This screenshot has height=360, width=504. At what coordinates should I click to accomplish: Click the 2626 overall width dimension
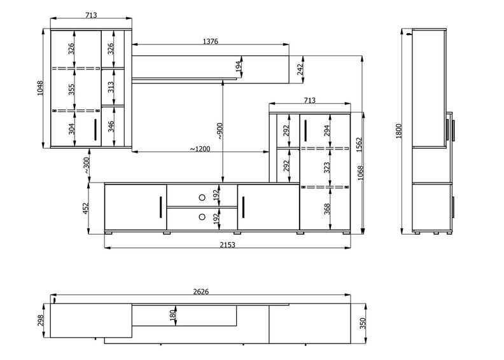[x=201, y=291]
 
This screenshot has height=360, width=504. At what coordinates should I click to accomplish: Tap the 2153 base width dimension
[x=228, y=245]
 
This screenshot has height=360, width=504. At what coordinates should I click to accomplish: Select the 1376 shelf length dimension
[x=211, y=41]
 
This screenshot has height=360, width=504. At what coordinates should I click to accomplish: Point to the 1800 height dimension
[x=398, y=131]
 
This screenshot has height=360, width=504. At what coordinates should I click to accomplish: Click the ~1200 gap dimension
[x=200, y=149]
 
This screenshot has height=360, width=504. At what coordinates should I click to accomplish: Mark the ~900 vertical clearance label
[x=219, y=131]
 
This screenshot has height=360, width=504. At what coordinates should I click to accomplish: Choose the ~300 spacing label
[x=87, y=166]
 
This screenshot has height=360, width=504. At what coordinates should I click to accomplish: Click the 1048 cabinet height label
[x=40, y=88]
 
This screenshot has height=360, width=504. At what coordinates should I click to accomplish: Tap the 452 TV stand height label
[x=85, y=208]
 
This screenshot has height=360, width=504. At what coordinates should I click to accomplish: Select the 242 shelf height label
[x=300, y=70]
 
